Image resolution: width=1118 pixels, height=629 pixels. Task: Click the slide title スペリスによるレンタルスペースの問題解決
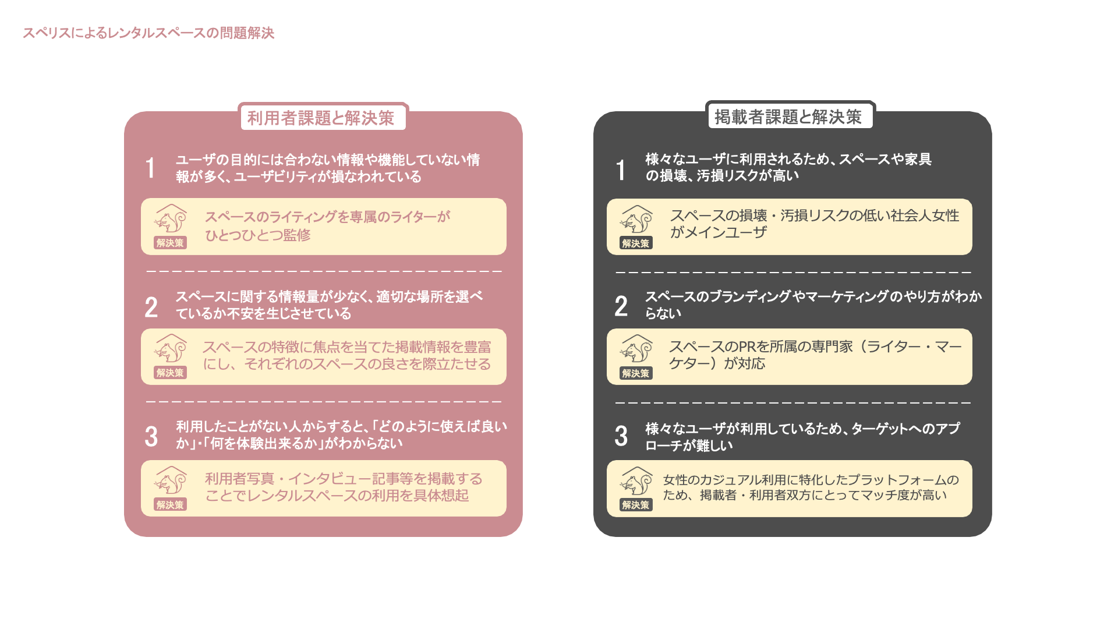pos(148,33)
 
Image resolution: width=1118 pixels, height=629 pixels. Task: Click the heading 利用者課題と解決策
pos(321,118)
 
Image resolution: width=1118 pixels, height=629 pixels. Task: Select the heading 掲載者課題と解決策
pos(788,117)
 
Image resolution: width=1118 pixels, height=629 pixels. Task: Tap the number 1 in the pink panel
pos(150,168)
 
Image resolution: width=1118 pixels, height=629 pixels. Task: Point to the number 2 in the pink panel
pos(151,307)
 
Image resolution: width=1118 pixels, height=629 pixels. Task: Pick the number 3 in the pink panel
pos(151,436)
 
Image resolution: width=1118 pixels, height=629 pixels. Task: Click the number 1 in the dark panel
pos(621,170)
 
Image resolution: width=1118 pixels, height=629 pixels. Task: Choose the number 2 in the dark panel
pos(621,306)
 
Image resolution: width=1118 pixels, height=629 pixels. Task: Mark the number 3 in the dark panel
pos(621,436)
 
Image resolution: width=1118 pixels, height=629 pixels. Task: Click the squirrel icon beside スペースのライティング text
pos(171,220)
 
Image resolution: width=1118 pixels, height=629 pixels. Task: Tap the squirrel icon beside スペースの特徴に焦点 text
pos(171,349)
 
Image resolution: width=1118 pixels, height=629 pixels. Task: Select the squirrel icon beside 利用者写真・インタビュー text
pos(171,481)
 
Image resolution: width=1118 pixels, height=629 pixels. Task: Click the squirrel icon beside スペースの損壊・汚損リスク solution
pos(636,220)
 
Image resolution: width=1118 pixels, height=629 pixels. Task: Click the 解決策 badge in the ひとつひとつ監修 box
pos(170,243)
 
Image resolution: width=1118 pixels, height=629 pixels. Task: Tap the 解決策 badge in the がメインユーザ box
pos(635,243)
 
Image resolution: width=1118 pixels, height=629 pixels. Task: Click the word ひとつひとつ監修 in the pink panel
pos(258,235)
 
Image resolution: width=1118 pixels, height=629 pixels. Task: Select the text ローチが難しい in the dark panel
pos(689,446)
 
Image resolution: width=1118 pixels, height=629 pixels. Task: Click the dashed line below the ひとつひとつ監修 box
pos(324,271)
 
